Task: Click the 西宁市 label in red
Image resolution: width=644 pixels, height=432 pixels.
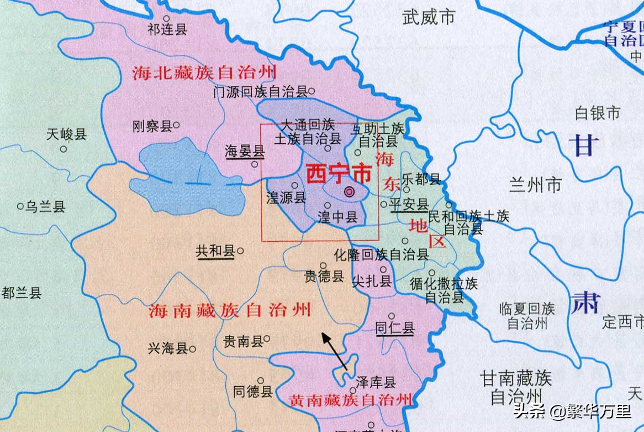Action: click(x=338, y=174)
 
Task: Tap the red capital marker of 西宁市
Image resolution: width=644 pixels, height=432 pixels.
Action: click(x=349, y=192)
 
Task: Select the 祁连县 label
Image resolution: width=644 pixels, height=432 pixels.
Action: click(x=167, y=30)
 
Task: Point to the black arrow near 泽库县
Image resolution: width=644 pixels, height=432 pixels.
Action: click(x=335, y=350)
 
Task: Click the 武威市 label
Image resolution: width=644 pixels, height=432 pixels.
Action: click(x=429, y=17)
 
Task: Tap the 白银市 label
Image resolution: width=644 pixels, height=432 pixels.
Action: click(x=598, y=113)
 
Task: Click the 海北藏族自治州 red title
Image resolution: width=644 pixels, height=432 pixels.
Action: click(x=204, y=72)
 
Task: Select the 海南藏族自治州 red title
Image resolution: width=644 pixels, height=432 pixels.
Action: click(x=230, y=310)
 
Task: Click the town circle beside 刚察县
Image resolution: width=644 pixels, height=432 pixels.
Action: click(x=176, y=125)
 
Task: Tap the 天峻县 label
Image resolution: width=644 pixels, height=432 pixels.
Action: click(x=66, y=134)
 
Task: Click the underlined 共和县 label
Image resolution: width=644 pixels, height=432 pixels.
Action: click(x=215, y=251)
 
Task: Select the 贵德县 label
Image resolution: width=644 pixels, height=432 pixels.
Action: click(x=324, y=276)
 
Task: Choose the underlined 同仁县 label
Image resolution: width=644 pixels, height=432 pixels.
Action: click(x=395, y=329)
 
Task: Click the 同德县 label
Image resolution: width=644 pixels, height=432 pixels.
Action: click(x=253, y=392)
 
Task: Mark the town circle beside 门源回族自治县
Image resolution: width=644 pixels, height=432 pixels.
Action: click(x=312, y=91)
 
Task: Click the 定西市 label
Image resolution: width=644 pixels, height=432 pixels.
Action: click(x=623, y=321)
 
